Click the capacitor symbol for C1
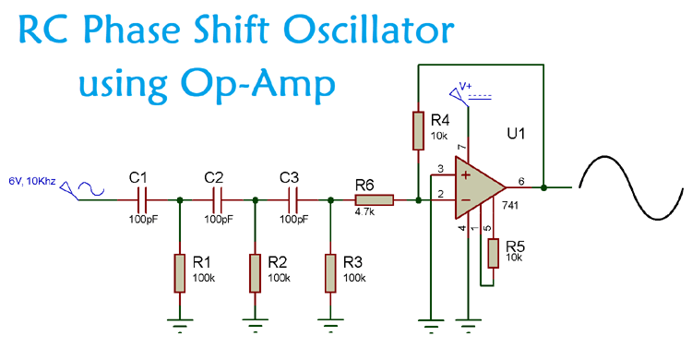click(141, 198)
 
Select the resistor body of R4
click(419, 130)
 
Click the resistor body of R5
click(494, 252)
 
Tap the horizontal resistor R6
click(374, 198)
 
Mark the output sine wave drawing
click(634, 187)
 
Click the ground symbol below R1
click(179, 321)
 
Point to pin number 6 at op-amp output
click(521, 182)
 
